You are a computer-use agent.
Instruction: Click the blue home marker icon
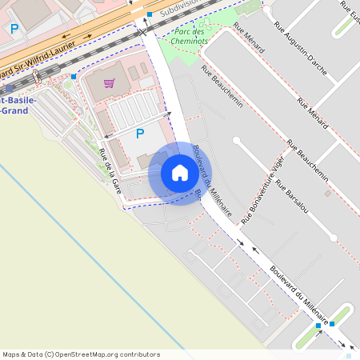coord(180,173)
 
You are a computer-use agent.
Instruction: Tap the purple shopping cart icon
coord(109,82)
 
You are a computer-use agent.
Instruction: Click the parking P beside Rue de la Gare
coord(140,134)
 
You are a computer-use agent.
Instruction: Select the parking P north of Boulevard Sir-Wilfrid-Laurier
coord(14,28)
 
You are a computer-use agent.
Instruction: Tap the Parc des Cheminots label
coord(188,36)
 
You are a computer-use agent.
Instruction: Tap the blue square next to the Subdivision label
coord(150,14)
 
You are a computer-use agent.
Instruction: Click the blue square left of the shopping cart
coord(74,77)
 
